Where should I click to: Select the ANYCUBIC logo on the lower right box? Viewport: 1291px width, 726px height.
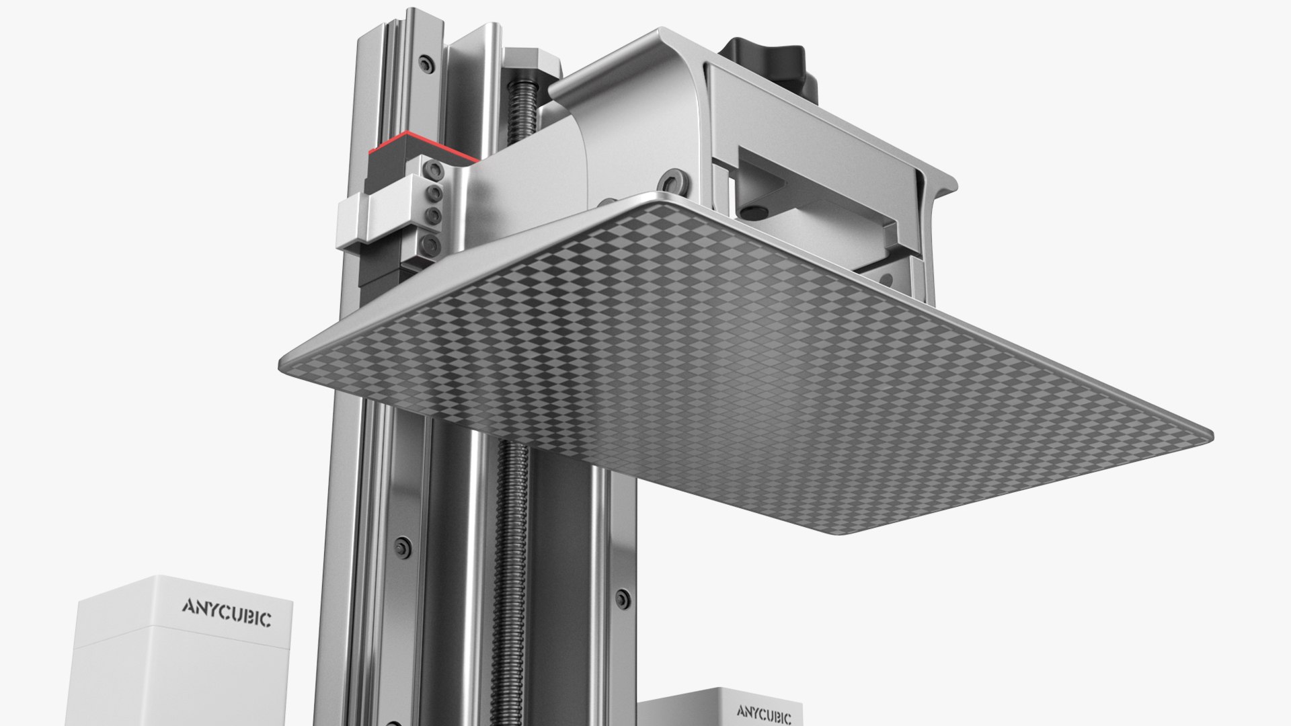click(764, 711)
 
